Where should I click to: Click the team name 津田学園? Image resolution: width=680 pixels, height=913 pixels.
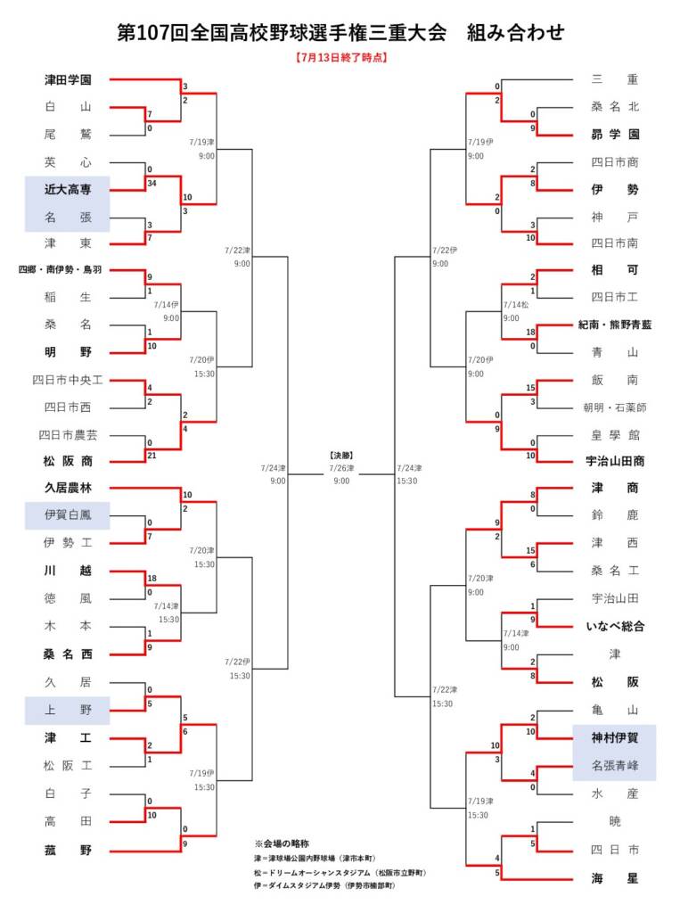point(68,79)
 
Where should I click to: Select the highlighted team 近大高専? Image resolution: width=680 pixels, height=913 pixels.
point(68,189)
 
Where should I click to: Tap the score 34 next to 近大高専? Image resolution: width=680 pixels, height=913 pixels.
point(152,184)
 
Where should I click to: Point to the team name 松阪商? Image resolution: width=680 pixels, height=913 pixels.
point(68,461)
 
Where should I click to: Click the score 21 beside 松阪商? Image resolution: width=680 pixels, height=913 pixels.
point(152,456)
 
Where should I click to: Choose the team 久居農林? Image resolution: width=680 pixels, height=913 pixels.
point(68,488)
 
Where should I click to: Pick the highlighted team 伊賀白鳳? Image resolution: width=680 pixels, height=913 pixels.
point(68,514)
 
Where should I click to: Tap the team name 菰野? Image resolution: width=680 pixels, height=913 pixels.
point(68,850)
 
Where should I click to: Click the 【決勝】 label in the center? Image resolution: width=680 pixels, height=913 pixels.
point(341,456)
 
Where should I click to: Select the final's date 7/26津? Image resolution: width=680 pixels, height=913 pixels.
point(341,468)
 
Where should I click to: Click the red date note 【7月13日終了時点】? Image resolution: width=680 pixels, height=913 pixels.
point(341,58)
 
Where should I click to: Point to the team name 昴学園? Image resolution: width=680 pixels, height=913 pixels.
point(615,135)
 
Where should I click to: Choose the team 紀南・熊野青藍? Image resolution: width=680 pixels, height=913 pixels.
point(615,325)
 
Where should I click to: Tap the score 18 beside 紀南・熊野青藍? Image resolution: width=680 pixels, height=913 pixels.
point(530,332)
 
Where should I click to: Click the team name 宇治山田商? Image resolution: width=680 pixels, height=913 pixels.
point(615,461)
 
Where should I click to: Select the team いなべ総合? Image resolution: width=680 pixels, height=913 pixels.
point(615,627)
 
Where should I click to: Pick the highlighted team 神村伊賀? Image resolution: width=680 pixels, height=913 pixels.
point(615,738)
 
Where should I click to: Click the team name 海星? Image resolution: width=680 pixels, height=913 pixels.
point(615,878)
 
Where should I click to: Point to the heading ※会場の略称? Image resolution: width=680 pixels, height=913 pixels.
point(282,843)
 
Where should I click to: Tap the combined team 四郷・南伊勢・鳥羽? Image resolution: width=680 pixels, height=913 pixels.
point(60,269)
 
